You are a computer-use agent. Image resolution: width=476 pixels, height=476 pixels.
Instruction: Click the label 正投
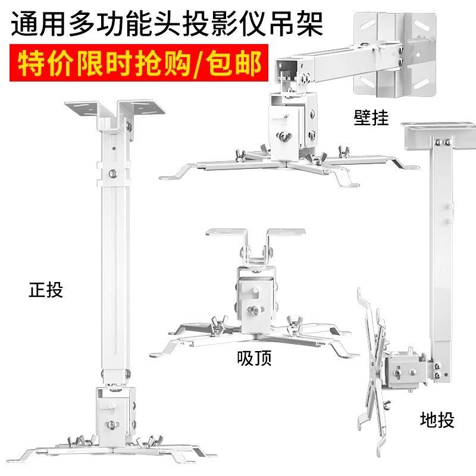46,291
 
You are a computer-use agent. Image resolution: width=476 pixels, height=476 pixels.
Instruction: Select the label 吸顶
254,359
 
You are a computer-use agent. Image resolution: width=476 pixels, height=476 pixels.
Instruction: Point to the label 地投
437,420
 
